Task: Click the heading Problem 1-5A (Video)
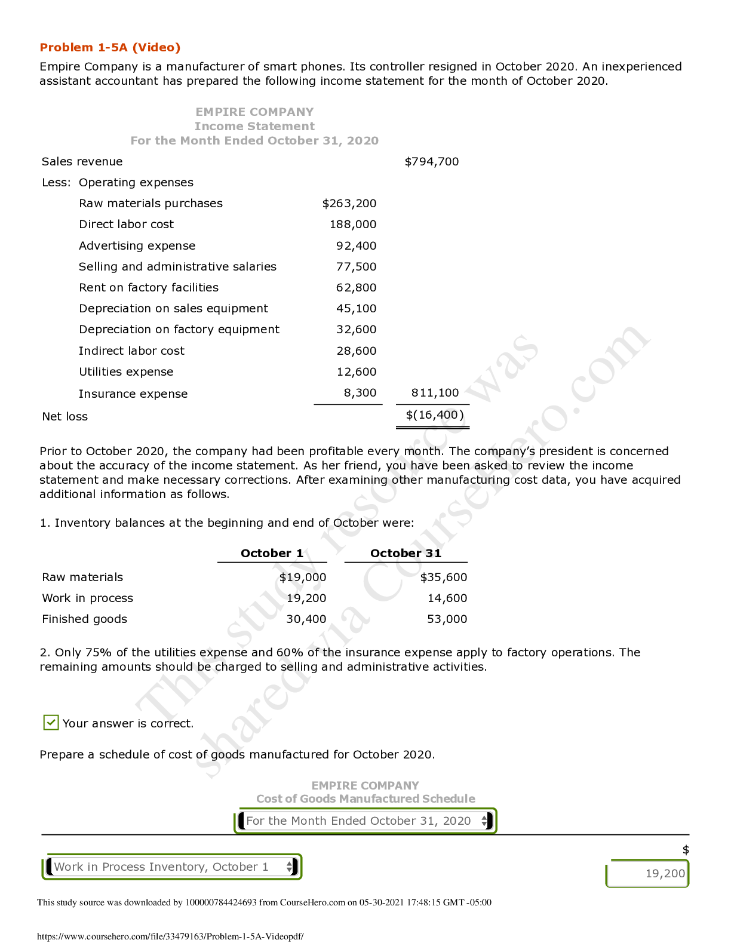110,48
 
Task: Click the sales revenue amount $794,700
431,162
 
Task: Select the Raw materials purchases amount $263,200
349,204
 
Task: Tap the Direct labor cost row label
126,225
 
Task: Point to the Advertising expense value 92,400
356,246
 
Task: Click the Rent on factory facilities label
149,288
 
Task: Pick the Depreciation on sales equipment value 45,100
356,309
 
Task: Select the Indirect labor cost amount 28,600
356,351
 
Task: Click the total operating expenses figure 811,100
435,393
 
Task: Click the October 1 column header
272,554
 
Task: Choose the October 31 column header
406,554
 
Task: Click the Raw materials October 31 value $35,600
443,578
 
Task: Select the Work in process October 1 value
306,598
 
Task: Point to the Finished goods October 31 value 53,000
447,619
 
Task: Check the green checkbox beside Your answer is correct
51,723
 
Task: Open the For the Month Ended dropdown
365,821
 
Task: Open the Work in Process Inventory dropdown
172,867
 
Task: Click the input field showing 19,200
648,874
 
